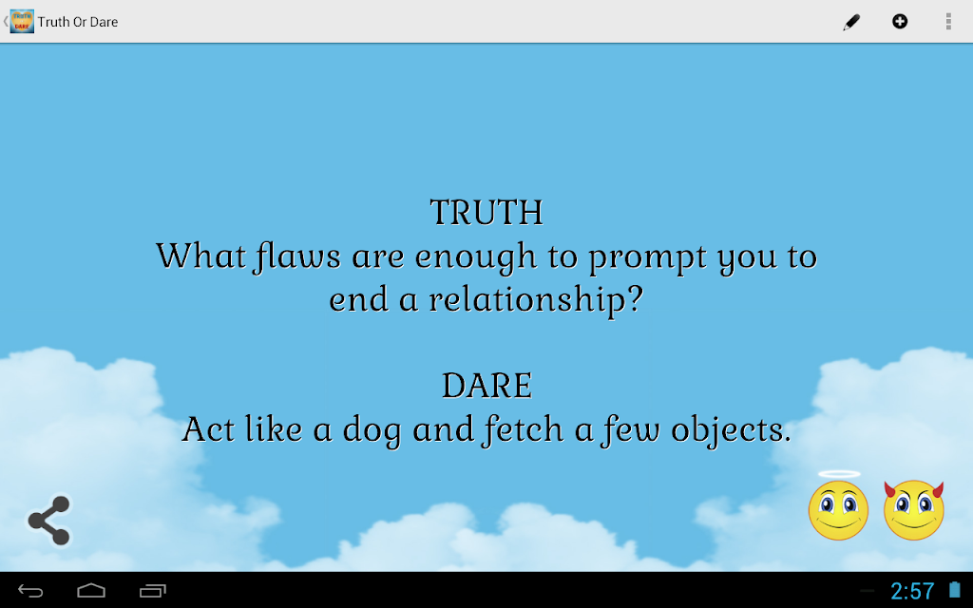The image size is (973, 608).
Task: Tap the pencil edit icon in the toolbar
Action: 851,23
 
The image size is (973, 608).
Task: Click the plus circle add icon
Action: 900,22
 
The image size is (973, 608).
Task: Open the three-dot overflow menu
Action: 948,22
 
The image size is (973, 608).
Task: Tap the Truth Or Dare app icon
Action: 22,22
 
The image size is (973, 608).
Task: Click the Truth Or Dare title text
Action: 78,23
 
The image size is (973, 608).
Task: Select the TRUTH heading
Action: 486,213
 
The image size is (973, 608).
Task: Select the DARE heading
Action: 486,386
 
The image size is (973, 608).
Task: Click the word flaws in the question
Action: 297,256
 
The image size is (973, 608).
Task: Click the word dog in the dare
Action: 372,430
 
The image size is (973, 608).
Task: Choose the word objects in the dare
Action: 731,430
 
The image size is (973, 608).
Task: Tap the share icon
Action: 49,521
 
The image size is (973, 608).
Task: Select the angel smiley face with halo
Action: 838,506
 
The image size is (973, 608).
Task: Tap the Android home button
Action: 91,591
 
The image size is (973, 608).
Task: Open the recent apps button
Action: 153,591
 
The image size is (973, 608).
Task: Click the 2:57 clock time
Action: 912,591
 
